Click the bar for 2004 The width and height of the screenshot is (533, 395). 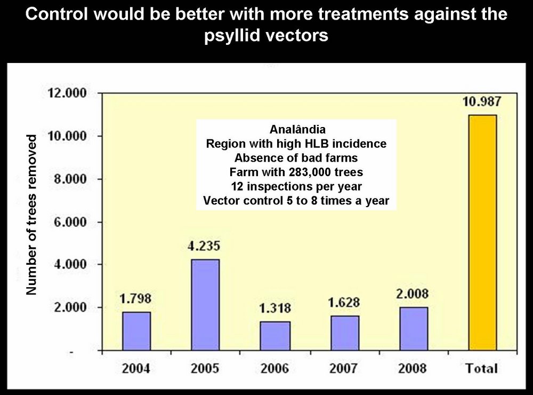pyautogui.click(x=136, y=331)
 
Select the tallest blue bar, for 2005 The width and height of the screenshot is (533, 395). pyautogui.click(x=206, y=304)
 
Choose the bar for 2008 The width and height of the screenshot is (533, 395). pyautogui.click(x=414, y=328)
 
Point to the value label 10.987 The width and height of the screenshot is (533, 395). pyautogui.click(x=482, y=102)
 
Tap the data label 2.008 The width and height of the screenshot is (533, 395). pyautogui.click(x=413, y=294)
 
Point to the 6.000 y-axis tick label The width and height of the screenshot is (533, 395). pyautogui.click(x=67, y=222)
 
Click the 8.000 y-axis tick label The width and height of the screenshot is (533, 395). pyautogui.click(x=67, y=179)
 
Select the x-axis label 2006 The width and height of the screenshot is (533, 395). pyautogui.click(x=275, y=368)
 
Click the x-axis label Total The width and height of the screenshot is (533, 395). pyautogui.click(x=482, y=368)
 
